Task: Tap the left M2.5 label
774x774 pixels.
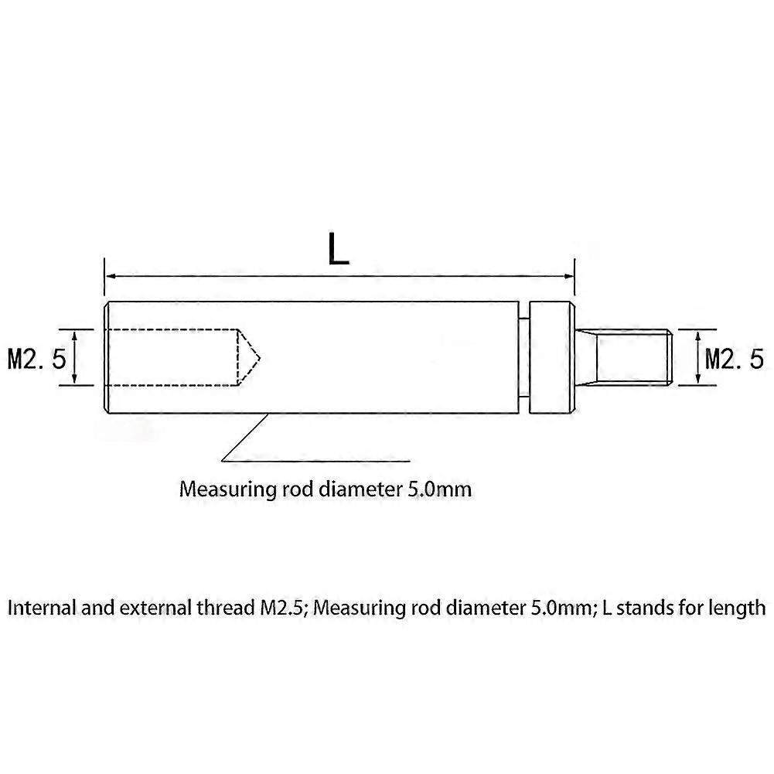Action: coord(37,358)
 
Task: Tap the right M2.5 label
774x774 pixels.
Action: coord(735,358)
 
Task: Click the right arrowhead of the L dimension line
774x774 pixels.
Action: coord(570,277)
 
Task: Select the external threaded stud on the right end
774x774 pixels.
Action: coord(623,357)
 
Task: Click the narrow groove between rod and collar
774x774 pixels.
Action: coord(523,357)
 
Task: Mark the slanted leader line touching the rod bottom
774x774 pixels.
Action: coord(245,438)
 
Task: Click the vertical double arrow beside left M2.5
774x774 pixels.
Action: coord(74,357)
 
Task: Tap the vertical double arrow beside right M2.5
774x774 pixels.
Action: coord(698,357)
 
